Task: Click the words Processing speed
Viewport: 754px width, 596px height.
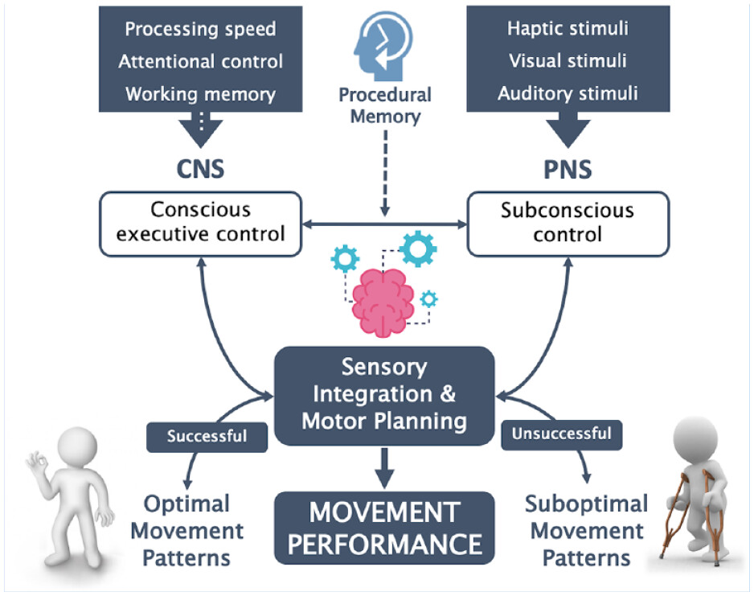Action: pos(200,30)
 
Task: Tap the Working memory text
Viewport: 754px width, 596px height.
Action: pos(200,93)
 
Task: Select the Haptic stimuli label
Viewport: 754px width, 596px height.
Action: pos(568,29)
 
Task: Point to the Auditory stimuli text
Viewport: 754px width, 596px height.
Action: pos(568,93)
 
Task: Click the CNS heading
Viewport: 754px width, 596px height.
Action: pos(200,169)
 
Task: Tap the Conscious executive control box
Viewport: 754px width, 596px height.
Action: pos(201,223)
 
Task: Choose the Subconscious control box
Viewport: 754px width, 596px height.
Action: pos(568,223)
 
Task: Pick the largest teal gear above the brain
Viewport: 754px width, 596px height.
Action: pos(418,249)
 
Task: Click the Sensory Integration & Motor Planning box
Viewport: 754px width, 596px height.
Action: pos(383,395)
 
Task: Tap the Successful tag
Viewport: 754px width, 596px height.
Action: pos(207,437)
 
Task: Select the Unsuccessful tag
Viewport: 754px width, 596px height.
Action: pos(561,434)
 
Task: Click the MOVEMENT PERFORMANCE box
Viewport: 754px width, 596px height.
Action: pos(383,527)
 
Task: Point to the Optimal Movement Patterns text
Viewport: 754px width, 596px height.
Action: pos(186,530)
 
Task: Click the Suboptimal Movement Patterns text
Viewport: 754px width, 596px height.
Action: pos(586,530)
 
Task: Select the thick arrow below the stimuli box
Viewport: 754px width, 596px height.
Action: pos(568,129)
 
